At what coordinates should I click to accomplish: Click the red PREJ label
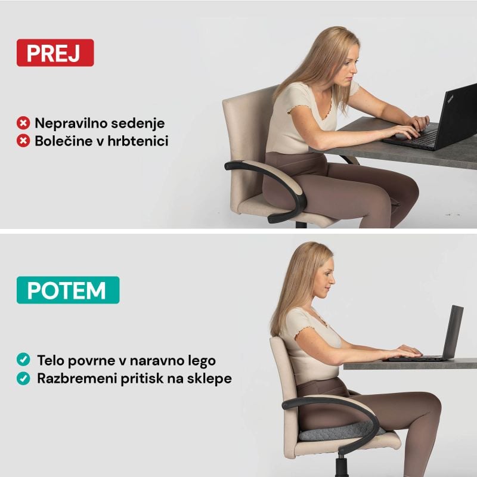click(x=55, y=52)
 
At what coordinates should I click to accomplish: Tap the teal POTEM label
click(x=68, y=290)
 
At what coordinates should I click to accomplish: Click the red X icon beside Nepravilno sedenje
click(x=23, y=123)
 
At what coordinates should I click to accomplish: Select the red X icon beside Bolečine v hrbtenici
click(x=23, y=141)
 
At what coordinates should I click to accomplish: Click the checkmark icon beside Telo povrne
click(x=23, y=360)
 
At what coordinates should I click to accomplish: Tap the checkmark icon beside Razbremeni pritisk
click(x=23, y=378)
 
